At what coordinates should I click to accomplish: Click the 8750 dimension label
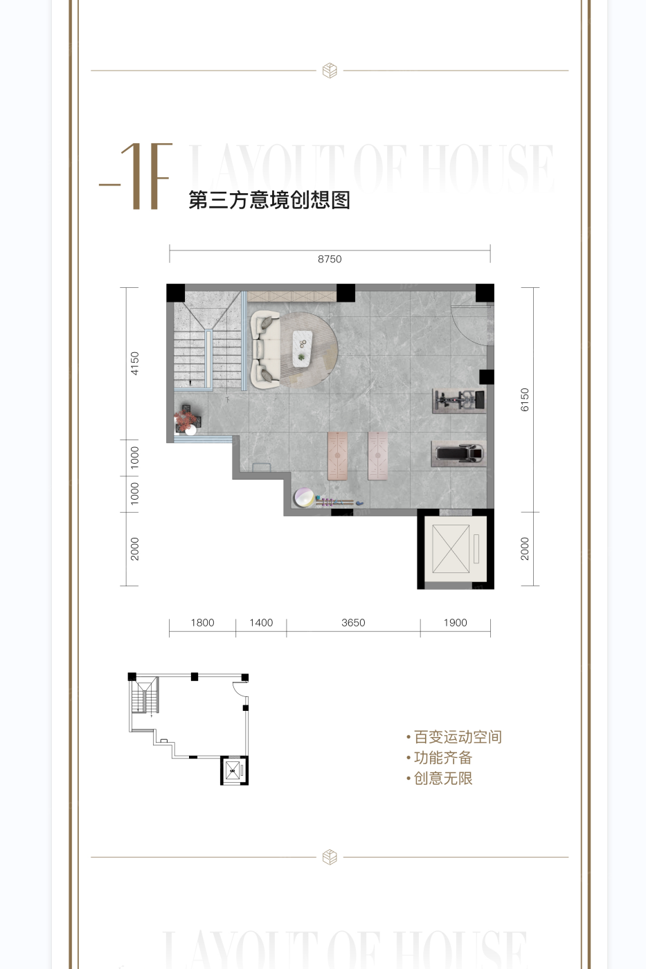[x=330, y=259]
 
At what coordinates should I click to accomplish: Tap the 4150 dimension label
[x=135, y=363]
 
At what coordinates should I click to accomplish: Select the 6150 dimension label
[x=525, y=399]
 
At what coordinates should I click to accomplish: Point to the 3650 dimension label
[x=353, y=623]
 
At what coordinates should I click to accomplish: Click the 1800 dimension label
[x=202, y=623]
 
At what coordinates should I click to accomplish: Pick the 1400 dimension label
[x=261, y=623]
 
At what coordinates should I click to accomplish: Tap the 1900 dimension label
[x=455, y=623]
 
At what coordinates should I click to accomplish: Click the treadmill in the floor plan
[x=458, y=453]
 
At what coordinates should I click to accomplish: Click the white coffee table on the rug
[x=303, y=348]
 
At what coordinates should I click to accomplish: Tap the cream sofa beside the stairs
[x=264, y=349]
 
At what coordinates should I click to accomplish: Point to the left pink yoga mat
[x=337, y=455]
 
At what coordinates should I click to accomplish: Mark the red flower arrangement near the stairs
[x=185, y=419]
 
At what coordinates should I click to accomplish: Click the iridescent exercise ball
[x=303, y=497]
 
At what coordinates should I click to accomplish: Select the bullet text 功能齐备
[x=442, y=758]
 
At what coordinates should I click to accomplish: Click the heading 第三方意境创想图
[x=269, y=200]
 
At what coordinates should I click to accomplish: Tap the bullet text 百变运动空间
[x=457, y=737]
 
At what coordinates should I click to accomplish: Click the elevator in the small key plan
[x=234, y=771]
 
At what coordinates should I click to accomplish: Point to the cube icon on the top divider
[x=330, y=71]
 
